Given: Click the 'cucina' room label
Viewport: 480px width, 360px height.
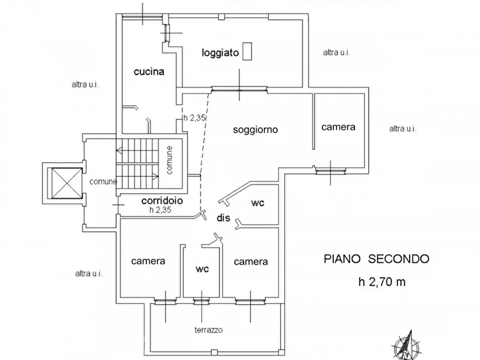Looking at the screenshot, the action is pyautogui.click(x=149, y=71).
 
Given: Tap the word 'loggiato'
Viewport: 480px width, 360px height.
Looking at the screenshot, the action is pyautogui.click(x=220, y=53).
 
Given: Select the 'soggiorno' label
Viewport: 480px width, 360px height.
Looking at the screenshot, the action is pyautogui.click(x=255, y=129).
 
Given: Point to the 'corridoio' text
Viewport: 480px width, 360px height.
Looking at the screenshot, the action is pyautogui.click(x=162, y=200).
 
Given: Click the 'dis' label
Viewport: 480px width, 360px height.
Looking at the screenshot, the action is pyautogui.click(x=224, y=218).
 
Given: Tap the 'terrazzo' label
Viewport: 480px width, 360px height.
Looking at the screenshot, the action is pyautogui.click(x=209, y=330).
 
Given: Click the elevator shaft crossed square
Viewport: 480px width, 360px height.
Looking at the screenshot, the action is pyautogui.click(x=67, y=183).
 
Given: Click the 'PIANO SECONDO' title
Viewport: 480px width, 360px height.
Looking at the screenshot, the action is pyautogui.click(x=377, y=259).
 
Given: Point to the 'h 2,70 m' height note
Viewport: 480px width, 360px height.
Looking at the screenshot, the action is pyautogui.click(x=382, y=282).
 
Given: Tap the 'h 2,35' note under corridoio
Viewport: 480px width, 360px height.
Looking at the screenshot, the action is pyautogui.click(x=160, y=210).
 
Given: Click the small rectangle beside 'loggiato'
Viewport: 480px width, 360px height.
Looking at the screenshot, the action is pyautogui.click(x=247, y=51).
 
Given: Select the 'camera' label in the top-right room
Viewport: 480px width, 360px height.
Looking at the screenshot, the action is pyautogui.click(x=338, y=127).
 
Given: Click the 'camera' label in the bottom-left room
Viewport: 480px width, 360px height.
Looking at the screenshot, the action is pyautogui.click(x=148, y=261).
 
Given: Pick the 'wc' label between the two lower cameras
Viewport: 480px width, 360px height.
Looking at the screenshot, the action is pyautogui.click(x=202, y=269).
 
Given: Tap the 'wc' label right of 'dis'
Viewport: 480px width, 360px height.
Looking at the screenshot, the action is pyautogui.click(x=257, y=203).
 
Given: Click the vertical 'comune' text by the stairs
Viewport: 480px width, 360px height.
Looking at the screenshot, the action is pyautogui.click(x=169, y=160).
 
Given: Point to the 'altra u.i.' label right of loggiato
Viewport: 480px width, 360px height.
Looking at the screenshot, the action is pyautogui.click(x=336, y=53).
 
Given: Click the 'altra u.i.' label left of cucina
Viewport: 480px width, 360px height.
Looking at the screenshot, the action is pyautogui.click(x=85, y=84).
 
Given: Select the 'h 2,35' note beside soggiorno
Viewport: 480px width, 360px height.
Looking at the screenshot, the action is pyautogui.click(x=195, y=118).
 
